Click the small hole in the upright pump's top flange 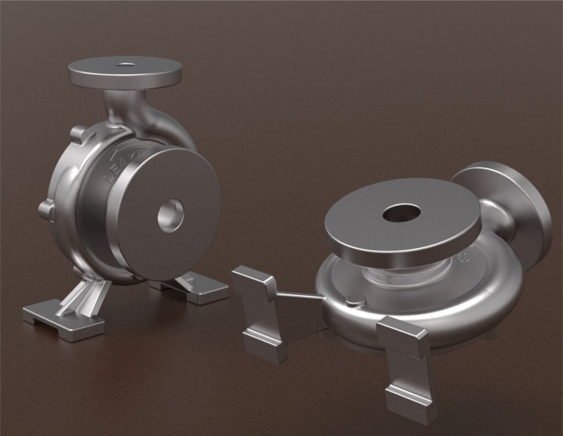tap(126, 64)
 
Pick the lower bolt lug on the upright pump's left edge tap(46, 209)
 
